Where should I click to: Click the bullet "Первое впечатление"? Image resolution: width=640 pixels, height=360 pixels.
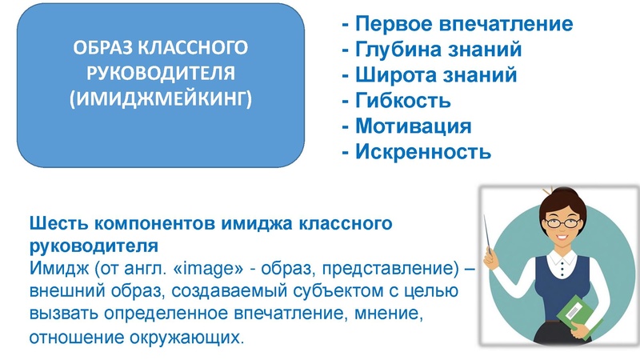[x=457, y=24]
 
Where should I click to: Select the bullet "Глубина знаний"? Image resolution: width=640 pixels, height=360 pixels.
[x=432, y=50]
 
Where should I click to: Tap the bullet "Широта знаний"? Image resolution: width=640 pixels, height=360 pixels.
[x=429, y=75]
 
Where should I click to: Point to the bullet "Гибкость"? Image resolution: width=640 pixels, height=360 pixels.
[x=396, y=101]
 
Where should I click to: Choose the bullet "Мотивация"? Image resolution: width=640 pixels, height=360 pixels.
[x=406, y=126]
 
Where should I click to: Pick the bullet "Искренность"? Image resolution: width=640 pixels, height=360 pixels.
[x=415, y=150]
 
